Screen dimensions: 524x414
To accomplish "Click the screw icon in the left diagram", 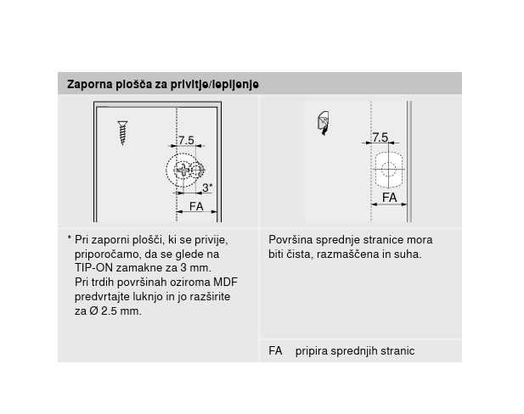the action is pyautogui.click(x=122, y=133).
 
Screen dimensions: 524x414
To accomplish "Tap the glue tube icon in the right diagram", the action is pyautogui.click(x=324, y=123).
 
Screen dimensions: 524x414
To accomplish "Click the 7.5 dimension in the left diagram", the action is pyautogui.click(x=186, y=140).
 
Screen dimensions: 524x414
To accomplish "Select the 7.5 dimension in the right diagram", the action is pyautogui.click(x=380, y=137).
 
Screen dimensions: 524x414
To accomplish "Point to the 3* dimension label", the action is pyautogui.click(x=207, y=187).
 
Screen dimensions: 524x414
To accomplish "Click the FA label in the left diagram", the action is pyautogui.click(x=196, y=206).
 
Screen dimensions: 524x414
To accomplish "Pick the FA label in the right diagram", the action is pyautogui.click(x=390, y=198).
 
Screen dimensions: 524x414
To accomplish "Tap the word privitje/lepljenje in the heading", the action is pyautogui.click(x=215, y=85).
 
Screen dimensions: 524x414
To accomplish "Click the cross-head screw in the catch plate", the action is pyautogui.click(x=183, y=171).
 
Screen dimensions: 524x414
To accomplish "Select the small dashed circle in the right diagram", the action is pyautogui.click(x=389, y=170).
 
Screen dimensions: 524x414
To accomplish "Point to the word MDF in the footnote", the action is pyautogui.click(x=225, y=283).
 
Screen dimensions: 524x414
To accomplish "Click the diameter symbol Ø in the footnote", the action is pyautogui.click(x=93, y=311).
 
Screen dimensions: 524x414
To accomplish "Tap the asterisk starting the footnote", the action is pyautogui.click(x=69, y=238).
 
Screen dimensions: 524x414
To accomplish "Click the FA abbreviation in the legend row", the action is pyautogui.click(x=275, y=351).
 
